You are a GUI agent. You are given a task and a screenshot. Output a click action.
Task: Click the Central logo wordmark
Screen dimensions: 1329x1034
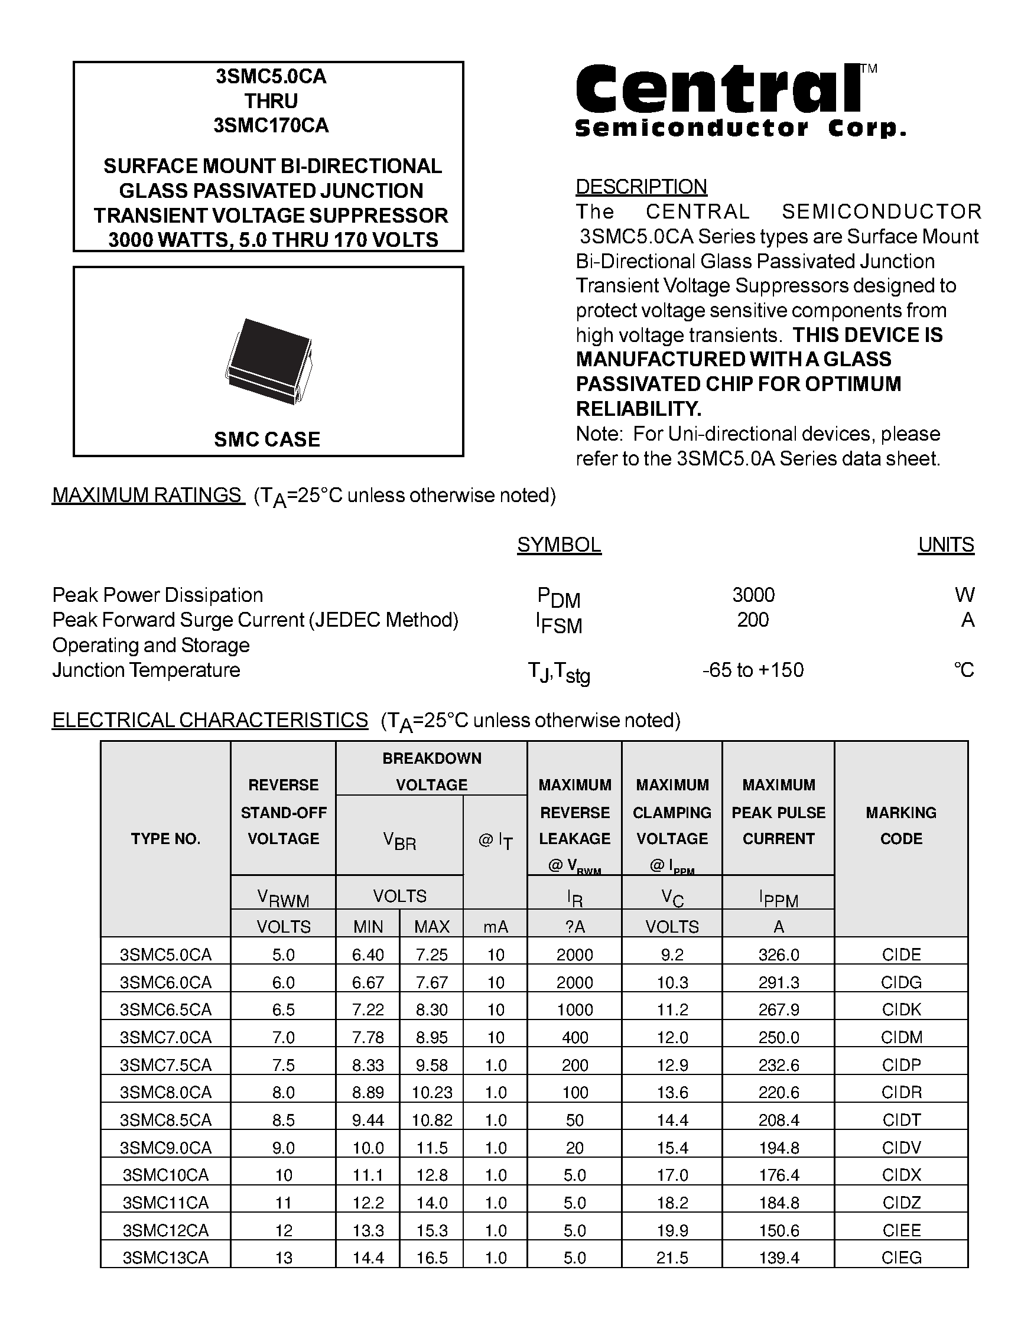tap(718, 90)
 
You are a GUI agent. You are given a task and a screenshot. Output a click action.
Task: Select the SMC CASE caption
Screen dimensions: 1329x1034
tap(266, 439)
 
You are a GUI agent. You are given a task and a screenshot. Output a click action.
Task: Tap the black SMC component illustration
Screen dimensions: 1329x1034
tap(268, 361)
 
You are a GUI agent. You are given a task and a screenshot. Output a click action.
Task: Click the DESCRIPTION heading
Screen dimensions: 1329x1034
tap(641, 186)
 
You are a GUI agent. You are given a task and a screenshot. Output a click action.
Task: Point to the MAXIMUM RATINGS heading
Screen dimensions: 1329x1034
tap(148, 496)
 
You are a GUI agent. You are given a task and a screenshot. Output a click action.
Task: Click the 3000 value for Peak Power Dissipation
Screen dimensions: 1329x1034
tap(753, 595)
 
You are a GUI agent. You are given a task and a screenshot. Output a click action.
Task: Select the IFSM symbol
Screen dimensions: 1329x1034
tap(559, 623)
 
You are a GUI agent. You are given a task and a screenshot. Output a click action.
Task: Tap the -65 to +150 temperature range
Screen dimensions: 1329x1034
tap(753, 670)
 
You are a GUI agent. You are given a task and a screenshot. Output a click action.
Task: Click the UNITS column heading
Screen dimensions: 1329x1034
tap(946, 545)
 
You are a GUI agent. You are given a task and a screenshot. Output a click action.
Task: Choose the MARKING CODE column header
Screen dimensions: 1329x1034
tap(900, 825)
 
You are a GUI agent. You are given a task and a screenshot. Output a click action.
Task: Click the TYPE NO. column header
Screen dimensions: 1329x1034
tap(165, 839)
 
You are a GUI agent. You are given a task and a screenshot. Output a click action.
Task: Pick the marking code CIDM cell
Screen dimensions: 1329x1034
tap(901, 1037)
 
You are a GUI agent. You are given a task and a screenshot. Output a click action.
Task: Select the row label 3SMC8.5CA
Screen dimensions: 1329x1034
tap(165, 1120)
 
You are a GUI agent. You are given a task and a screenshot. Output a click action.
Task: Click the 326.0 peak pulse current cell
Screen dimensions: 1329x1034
tap(778, 954)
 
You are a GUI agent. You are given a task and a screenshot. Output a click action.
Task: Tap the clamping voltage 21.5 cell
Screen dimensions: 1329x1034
tap(672, 1257)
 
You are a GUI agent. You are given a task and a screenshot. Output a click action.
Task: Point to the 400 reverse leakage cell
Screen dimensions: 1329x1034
tap(574, 1037)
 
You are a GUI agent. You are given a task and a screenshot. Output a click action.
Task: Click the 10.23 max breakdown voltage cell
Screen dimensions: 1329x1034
tap(431, 1092)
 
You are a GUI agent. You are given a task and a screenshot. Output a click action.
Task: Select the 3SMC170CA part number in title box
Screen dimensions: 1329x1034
tap(271, 125)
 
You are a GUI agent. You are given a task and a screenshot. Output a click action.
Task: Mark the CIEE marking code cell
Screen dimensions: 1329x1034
tap(901, 1230)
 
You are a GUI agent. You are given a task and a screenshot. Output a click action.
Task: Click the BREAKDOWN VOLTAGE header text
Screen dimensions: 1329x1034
tap(431, 771)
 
